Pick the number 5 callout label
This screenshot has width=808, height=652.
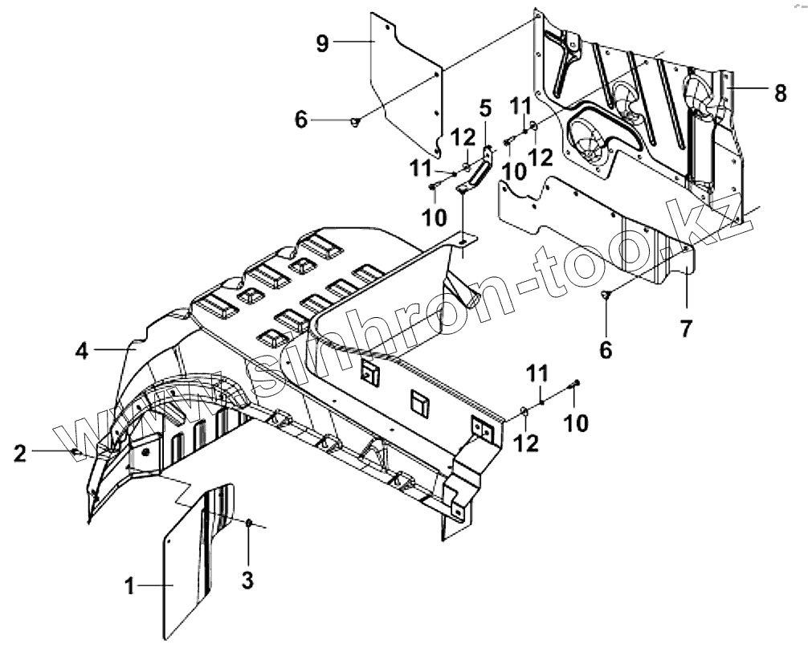(485, 107)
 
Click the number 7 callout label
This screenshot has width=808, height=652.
(685, 328)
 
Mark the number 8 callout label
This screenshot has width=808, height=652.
(780, 93)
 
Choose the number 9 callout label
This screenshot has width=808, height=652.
(322, 43)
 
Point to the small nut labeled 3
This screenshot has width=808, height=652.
(249, 524)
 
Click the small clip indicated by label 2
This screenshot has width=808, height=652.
(76, 452)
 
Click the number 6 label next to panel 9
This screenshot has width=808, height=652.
(301, 120)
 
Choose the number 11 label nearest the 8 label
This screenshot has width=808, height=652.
(521, 105)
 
